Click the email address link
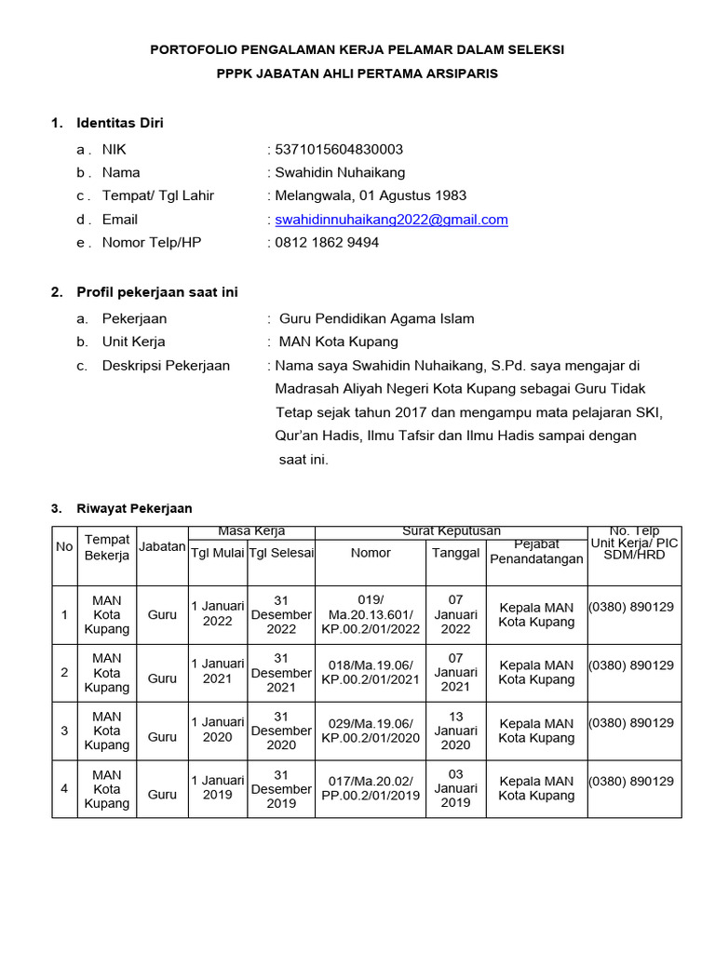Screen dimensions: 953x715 click(391, 220)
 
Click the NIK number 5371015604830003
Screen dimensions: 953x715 click(339, 149)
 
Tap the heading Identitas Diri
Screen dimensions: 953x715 click(120, 123)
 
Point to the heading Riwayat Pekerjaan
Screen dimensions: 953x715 click(134, 508)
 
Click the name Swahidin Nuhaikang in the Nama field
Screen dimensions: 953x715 click(340, 172)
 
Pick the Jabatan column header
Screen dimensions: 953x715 click(162, 547)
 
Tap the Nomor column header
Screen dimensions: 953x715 click(371, 553)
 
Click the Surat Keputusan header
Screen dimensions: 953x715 click(452, 531)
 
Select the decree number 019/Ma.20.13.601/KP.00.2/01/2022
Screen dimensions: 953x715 click(371, 614)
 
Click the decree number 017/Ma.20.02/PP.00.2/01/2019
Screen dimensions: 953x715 click(371, 788)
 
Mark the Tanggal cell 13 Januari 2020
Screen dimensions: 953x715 click(455, 731)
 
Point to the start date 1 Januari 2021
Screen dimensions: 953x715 click(218, 672)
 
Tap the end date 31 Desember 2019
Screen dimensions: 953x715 click(281, 788)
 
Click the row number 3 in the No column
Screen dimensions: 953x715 click(64, 731)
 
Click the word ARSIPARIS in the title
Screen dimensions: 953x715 click(461, 74)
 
